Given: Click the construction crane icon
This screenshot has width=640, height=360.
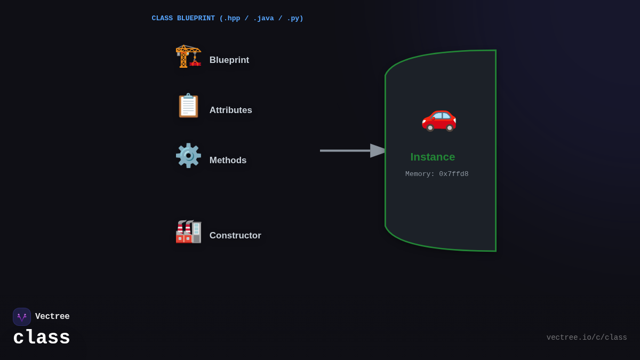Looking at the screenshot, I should click(188, 56).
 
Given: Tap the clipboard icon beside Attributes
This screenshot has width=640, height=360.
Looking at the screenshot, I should click(188, 106).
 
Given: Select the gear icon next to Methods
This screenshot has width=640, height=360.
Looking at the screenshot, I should click(188, 156).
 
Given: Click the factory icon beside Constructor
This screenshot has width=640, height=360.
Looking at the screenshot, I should click(188, 231).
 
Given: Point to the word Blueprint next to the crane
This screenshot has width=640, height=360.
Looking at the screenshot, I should click(229, 60).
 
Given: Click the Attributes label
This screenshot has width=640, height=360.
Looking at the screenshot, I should click(230, 110).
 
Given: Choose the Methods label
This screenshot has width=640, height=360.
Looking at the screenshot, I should click(228, 161).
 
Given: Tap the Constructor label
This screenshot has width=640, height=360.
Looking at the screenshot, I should click(235, 236).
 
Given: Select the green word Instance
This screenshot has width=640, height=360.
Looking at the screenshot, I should click(433, 157).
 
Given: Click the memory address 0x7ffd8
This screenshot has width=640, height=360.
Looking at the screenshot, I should click(454, 174).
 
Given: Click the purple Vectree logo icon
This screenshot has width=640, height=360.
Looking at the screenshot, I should click(22, 317).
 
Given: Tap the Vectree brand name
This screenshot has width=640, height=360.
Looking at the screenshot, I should click(52, 317).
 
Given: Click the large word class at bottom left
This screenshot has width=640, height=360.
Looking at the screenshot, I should click(42, 338).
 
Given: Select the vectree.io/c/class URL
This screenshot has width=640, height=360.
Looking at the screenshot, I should click(587, 338).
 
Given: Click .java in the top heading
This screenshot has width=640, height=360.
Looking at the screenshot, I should click(263, 19).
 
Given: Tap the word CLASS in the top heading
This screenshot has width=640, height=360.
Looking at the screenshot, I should click(162, 19).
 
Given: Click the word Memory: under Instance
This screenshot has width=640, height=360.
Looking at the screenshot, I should click(420, 174).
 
